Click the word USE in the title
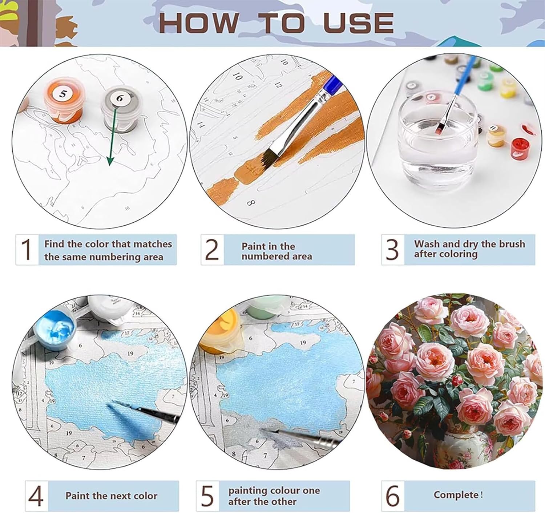tap(358, 23)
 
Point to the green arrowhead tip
tap(109, 166)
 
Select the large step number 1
tap(27, 250)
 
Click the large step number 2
tap(212, 250)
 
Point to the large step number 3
tap(392, 250)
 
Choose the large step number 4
tap(36, 496)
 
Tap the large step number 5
tap(207, 496)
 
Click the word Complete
tap(456, 495)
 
